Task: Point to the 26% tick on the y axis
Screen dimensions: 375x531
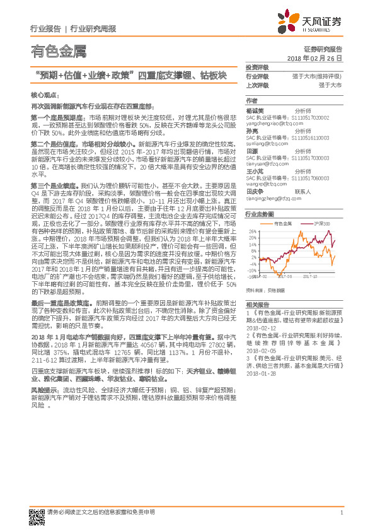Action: click(251, 231)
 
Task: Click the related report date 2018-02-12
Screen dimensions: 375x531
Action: click(259, 328)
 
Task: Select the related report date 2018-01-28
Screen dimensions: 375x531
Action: click(259, 373)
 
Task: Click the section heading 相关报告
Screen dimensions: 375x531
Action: click(257, 304)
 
